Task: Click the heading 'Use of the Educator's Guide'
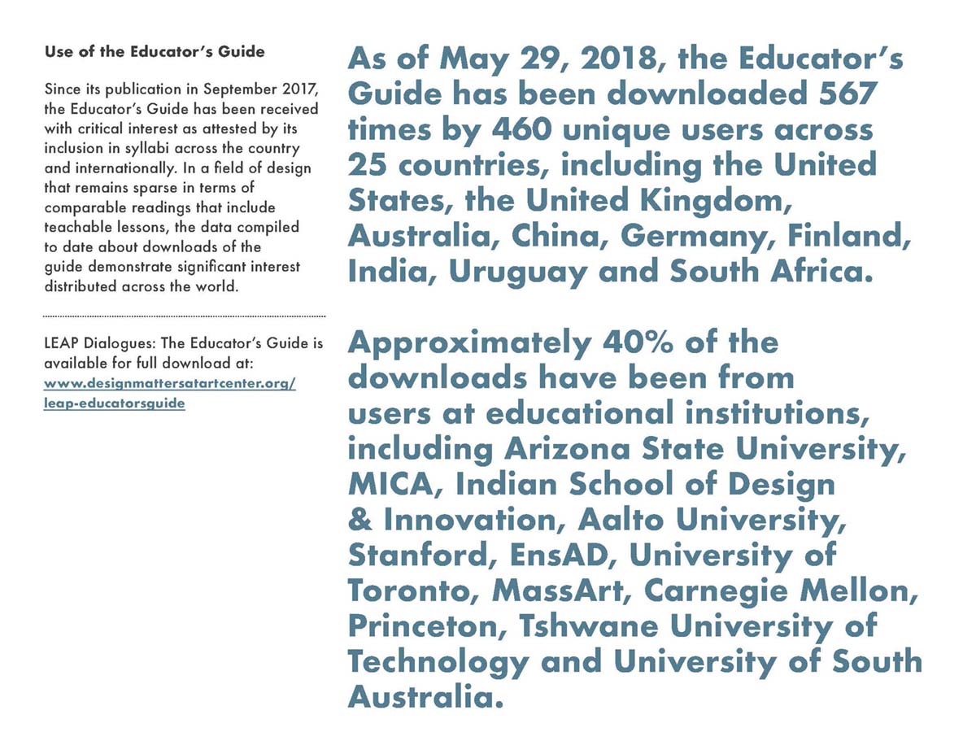coord(155,52)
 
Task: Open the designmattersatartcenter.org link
coord(169,383)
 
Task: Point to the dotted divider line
coord(183,316)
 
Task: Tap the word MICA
coord(394,485)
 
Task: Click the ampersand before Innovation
coord(359,521)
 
